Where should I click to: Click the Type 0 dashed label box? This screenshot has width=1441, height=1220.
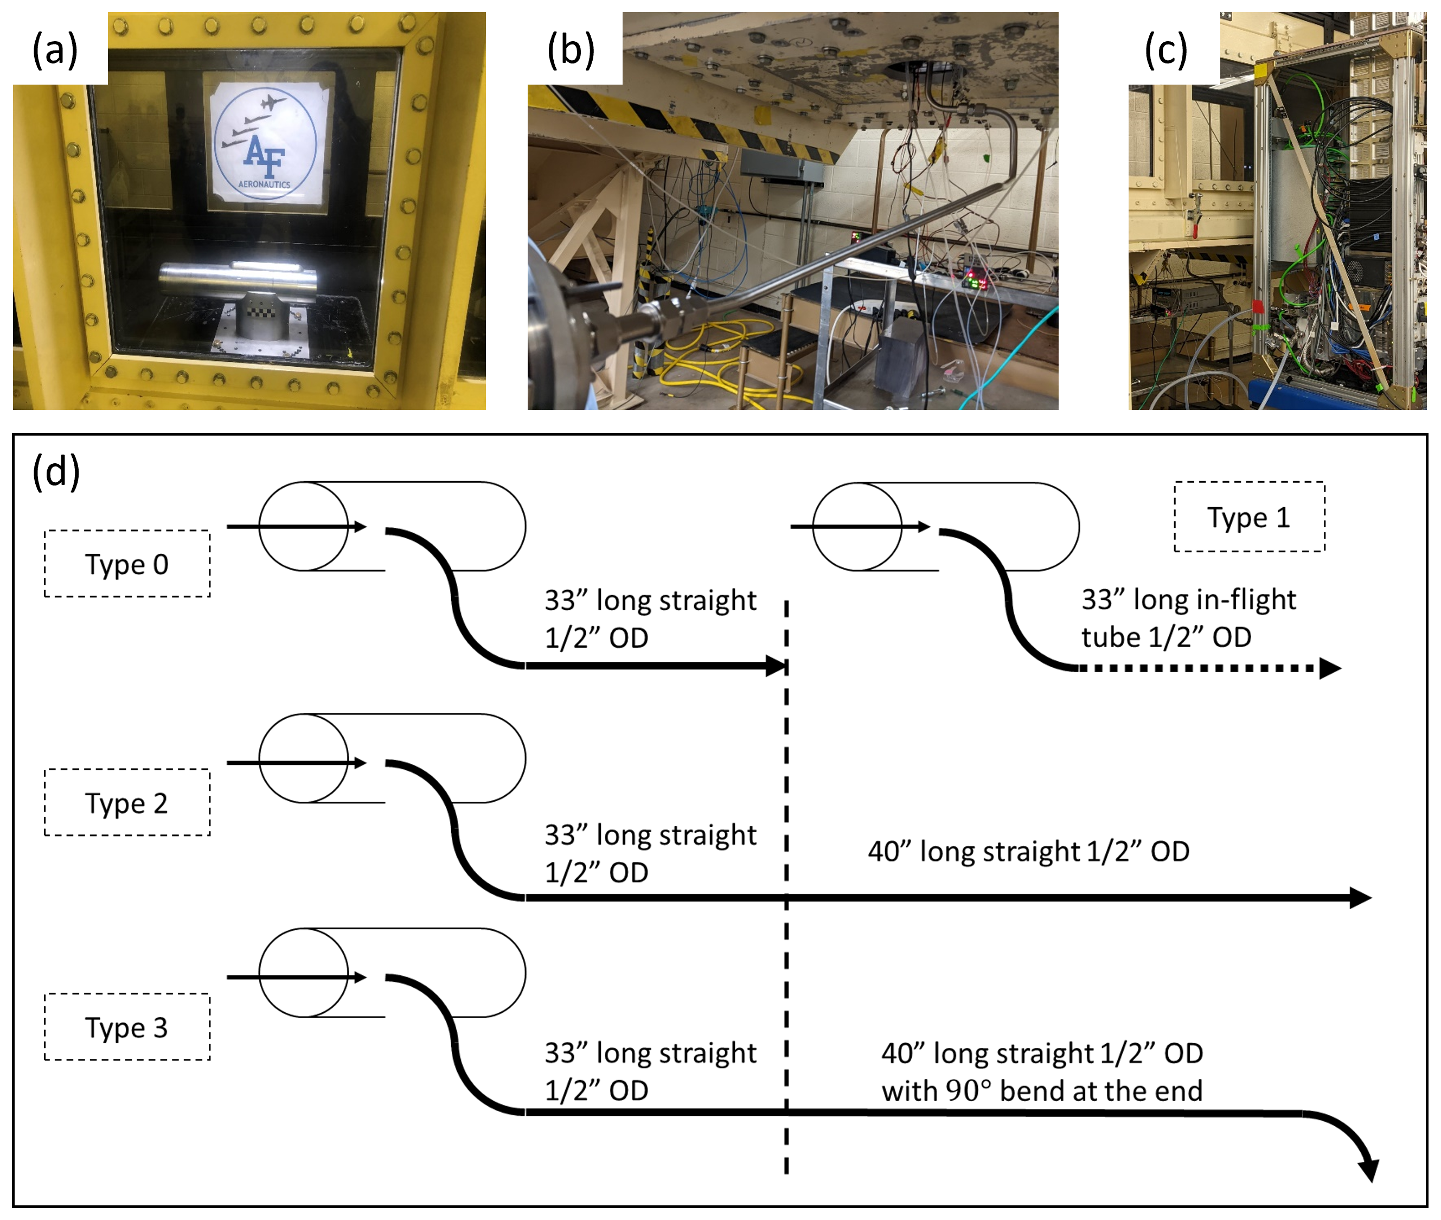pos(127,564)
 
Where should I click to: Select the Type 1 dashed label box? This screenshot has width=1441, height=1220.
pos(1249,516)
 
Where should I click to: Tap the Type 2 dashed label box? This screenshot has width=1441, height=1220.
pos(127,802)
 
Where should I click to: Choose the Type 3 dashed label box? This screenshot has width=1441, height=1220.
pos(127,1027)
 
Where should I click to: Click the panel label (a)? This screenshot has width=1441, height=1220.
pos(55,50)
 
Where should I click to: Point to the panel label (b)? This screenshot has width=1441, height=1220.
pos(571,50)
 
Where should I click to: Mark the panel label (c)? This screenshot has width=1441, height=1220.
pos(1166,50)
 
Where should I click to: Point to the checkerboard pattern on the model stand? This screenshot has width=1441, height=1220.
pos(261,310)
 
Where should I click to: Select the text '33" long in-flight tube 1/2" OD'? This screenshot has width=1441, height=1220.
pos(1188,618)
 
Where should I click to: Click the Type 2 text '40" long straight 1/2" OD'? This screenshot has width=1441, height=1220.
pos(1028,851)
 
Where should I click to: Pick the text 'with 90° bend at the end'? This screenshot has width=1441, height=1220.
pos(1041,1091)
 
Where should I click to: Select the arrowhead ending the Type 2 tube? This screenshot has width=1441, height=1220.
pos(1360,898)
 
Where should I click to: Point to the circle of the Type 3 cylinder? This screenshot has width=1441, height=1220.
pos(304,973)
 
